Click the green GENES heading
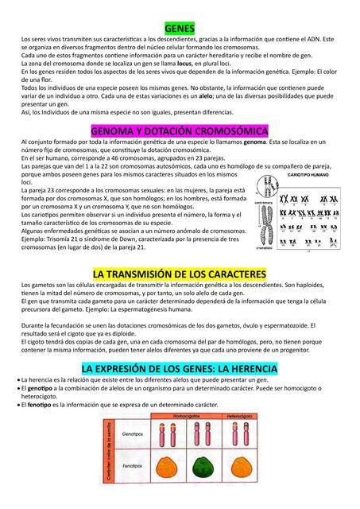(180, 28)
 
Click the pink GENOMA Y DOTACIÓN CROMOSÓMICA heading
(180, 130)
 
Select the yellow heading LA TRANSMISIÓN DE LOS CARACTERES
(180, 274)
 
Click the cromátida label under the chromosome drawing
(265, 248)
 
